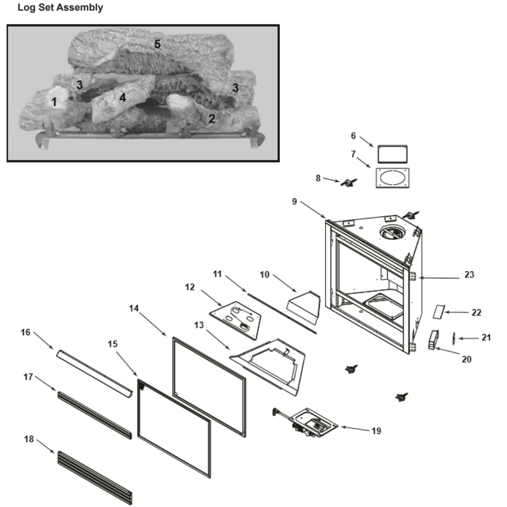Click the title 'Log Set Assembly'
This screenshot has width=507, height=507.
[x=60, y=8]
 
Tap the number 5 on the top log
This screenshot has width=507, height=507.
[x=157, y=44]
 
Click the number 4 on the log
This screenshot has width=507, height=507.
[x=122, y=97]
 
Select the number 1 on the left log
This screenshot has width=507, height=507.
[x=54, y=101]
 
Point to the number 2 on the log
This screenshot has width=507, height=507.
[x=211, y=119]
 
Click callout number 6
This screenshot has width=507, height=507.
[x=353, y=135]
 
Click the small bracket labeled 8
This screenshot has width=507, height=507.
[x=349, y=183]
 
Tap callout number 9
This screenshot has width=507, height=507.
[x=295, y=201]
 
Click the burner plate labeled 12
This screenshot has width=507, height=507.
[x=237, y=318]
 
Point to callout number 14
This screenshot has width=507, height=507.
[x=134, y=308]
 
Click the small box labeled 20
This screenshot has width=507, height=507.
[x=432, y=340]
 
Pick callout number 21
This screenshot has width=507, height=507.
[x=486, y=337]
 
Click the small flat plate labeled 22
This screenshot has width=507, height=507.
[x=438, y=311]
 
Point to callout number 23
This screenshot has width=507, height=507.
[x=469, y=275]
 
